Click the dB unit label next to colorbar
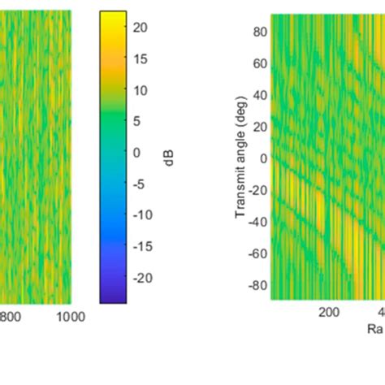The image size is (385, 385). tap(167, 158)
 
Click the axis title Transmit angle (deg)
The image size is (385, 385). tap(240, 158)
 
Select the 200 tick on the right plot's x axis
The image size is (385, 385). tap(329, 313)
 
